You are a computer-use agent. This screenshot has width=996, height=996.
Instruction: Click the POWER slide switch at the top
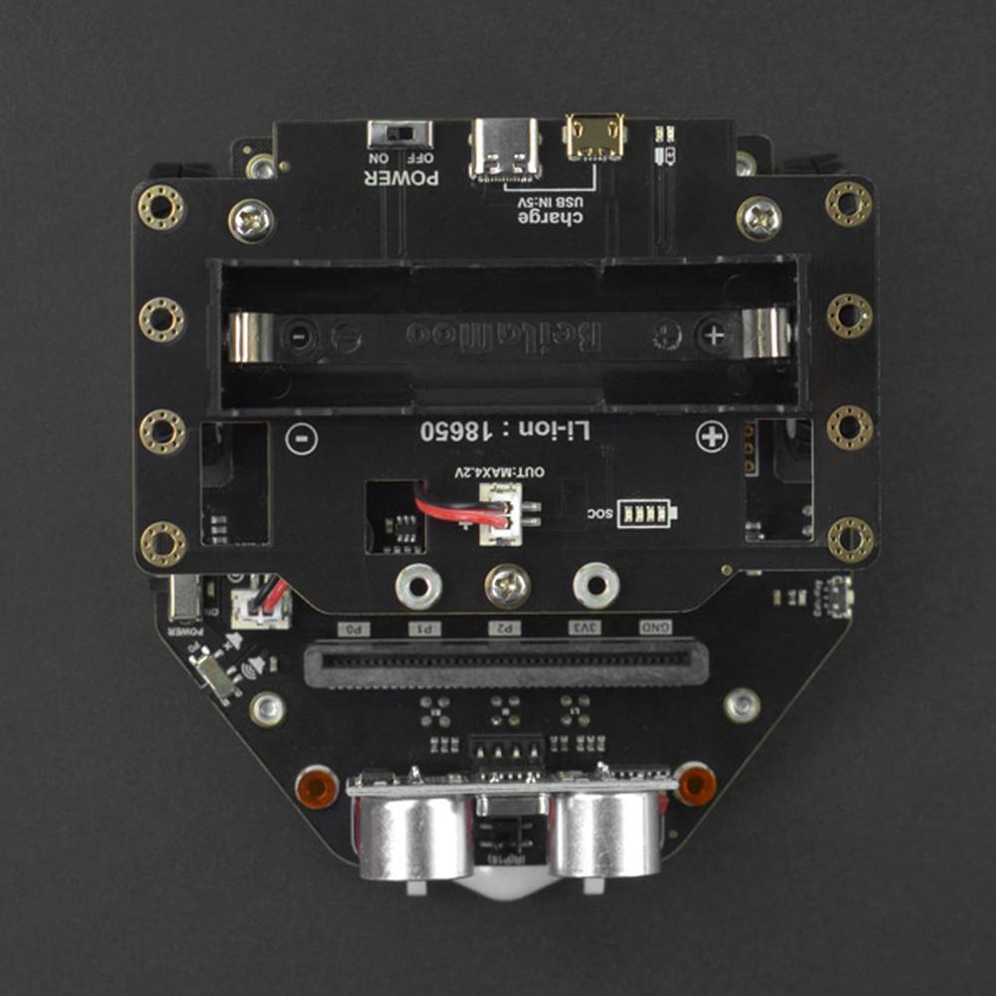(x=400, y=133)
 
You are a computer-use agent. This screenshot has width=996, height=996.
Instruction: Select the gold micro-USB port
(x=592, y=136)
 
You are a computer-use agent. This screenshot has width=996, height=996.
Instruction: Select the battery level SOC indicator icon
(x=645, y=513)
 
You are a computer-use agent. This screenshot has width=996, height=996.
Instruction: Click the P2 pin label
(x=505, y=628)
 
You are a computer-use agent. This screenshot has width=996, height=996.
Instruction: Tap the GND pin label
(x=654, y=627)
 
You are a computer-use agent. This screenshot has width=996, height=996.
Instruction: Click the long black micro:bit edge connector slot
(x=506, y=660)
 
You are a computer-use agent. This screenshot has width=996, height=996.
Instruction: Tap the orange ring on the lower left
(x=317, y=787)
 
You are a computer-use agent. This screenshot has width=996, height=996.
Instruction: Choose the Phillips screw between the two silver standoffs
(x=507, y=586)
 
